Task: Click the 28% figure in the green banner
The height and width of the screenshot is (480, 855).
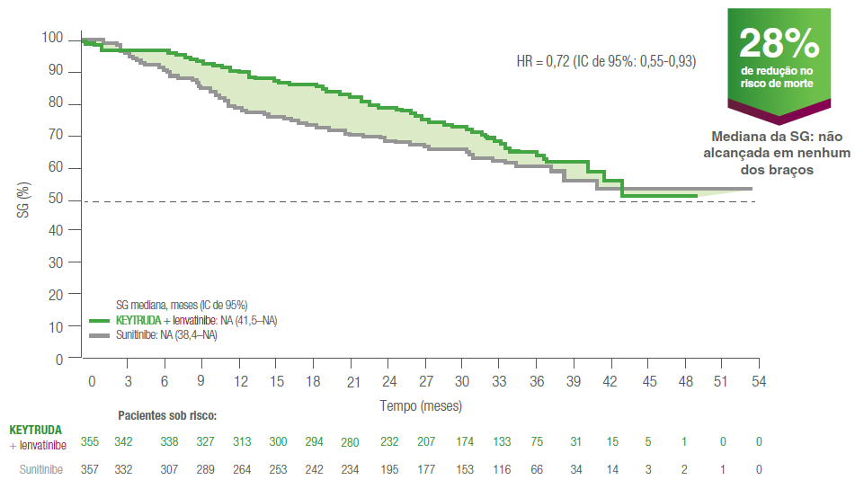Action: coord(779,43)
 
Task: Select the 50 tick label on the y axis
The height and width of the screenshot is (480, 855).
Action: coord(56,200)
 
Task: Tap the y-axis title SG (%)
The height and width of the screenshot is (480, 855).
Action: coord(24,200)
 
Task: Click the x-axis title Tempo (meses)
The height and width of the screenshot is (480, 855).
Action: coord(421,405)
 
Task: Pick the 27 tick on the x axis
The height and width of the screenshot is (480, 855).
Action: coord(426,381)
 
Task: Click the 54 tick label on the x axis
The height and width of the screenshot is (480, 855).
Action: coord(758,381)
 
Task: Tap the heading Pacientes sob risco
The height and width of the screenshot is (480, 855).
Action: coord(168,416)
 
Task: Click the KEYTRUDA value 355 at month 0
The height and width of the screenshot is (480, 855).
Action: coord(89,441)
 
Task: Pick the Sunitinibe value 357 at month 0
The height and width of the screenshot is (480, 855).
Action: coord(89,469)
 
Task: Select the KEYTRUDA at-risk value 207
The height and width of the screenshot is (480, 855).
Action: coord(425,441)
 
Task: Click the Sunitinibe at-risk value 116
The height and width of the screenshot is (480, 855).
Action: coord(502,469)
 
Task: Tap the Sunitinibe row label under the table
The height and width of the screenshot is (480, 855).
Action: coord(41,469)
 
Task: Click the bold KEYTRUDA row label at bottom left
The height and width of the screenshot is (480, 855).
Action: coord(36,430)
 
